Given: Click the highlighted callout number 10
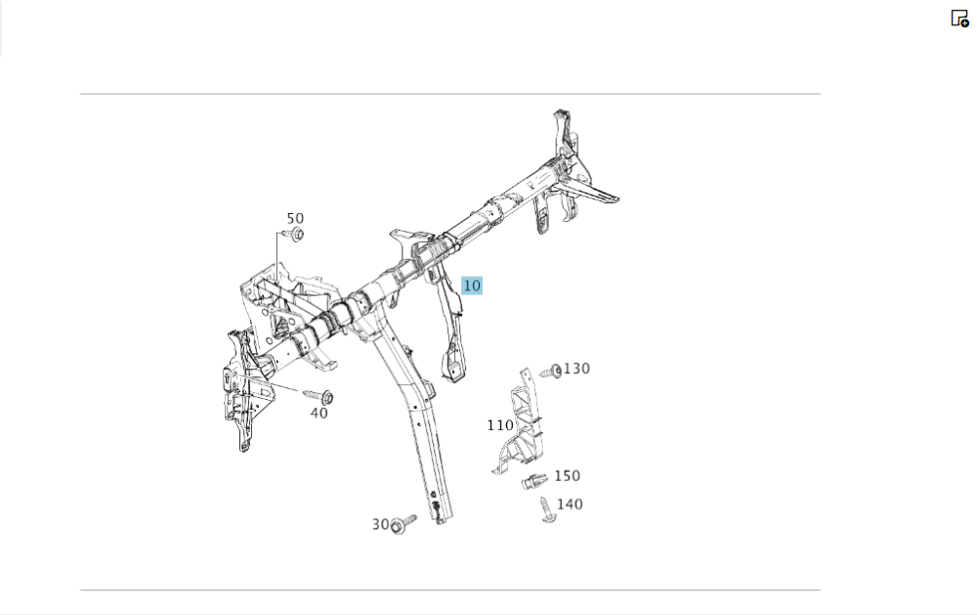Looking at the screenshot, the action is [x=472, y=286].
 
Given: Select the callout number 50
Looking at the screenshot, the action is [x=295, y=218].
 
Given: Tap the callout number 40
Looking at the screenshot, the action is [x=319, y=413].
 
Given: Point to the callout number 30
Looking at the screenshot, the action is [x=380, y=524].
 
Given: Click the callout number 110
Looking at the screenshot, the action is [x=500, y=425].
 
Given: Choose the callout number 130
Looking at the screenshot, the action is [x=576, y=369].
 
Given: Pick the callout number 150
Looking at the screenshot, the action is [x=567, y=476].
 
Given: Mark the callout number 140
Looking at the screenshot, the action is [x=570, y=504].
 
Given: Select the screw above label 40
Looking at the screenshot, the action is [x=319, y=395].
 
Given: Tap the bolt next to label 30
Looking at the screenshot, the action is [x=403, y=524].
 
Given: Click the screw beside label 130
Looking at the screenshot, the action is [x=551, y=372].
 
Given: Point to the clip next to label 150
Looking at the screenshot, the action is [x=534, y=481].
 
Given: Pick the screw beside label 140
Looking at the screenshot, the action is [x=547, y=510].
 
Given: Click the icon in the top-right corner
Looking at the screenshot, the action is [x=960, y=19].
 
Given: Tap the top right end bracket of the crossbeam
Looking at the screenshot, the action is [x=564, y=134].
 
